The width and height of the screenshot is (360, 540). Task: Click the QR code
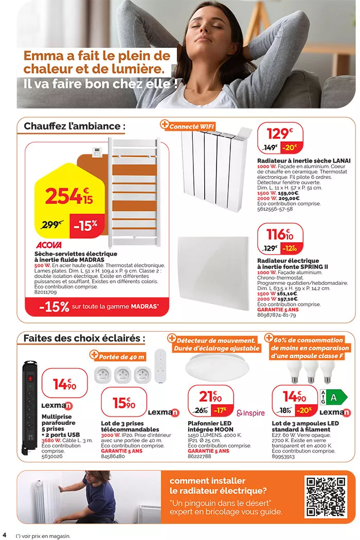point(326,496)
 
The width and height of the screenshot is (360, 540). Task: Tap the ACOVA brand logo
point(49,245)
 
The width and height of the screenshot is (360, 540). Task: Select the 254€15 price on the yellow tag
point(68,195)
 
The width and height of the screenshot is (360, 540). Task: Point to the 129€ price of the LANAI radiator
point(280,134)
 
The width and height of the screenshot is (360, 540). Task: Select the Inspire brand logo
point(250,413)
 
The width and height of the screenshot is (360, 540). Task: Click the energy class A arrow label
point(335,397)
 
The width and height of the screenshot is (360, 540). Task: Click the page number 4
point(5,530)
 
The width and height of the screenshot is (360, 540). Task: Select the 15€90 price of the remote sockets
point(123,403)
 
